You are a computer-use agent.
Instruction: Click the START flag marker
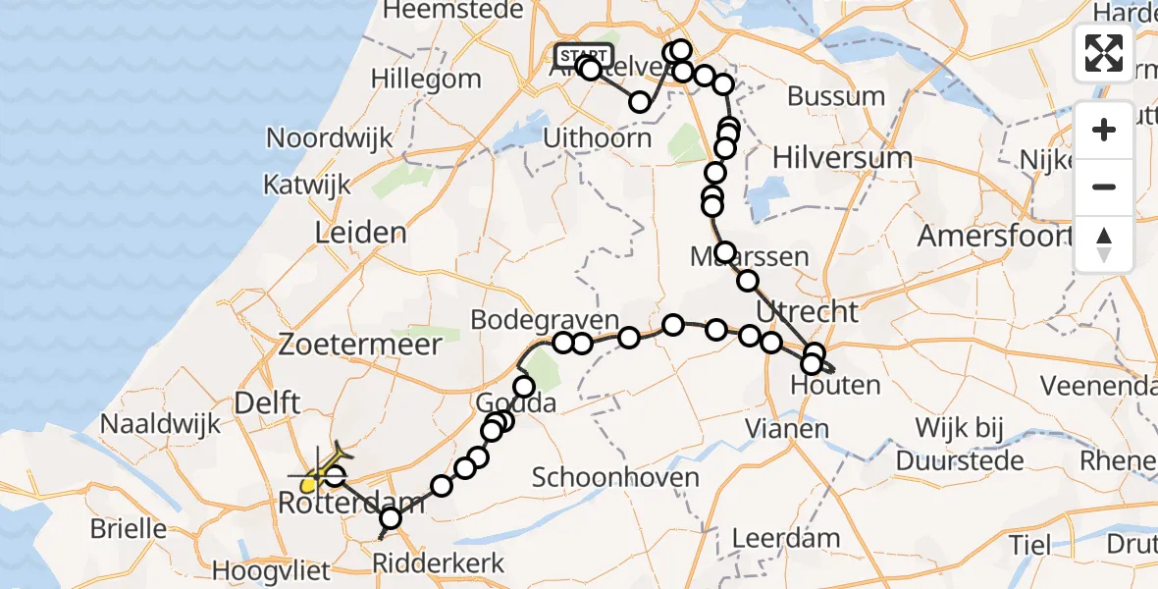coord(584,55)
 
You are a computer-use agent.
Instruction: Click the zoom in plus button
coord(1104,130)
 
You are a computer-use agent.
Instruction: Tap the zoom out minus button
coord(1104,187)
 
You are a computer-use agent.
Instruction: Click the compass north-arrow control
coord(1104,243)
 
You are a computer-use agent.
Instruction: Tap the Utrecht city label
coord(808,313)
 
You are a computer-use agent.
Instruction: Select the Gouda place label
coord(516,403)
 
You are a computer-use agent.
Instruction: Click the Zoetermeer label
coord(359,345)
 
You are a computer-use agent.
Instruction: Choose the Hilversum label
coord(842,156)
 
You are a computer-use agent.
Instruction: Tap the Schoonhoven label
coord(615,478)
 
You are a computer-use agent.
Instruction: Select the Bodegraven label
coord(545,321)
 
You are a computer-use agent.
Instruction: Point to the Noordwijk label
coord(330,138)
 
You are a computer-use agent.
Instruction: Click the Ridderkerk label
coord(440,563)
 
